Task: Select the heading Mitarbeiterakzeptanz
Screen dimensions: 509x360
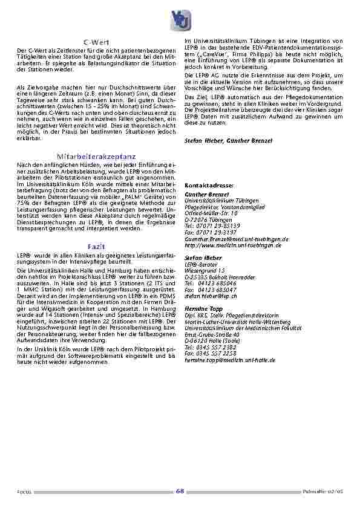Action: tap(97, 156)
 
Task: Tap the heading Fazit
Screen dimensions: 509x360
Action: tap(97, 247)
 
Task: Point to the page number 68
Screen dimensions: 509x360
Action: tap(180, 491)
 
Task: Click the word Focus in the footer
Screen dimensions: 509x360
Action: tap(24, 492)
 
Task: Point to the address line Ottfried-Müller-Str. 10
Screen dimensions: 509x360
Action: tap(211, 213)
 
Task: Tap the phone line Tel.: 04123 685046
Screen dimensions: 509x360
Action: tap(207, 282)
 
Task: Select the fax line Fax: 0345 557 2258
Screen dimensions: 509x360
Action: tap(211, 353)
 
